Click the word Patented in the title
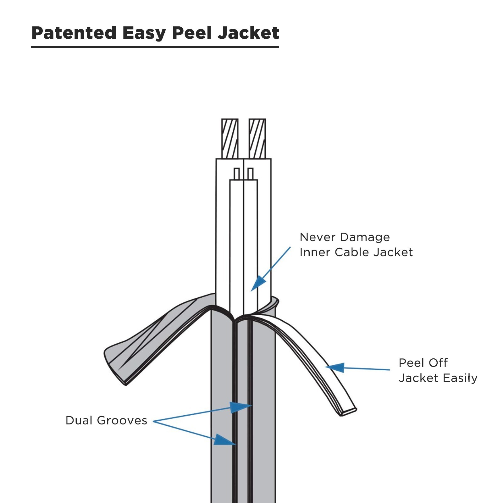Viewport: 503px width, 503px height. [x=74, y=33]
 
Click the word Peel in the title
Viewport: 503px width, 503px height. [x=191, y=33]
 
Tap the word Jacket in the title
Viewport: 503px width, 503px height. [x=248, y=33]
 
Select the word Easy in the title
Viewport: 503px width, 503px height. [x=144, y=33]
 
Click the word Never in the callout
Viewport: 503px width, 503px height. [x=317, y=237]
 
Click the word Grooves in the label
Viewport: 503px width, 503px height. [x=122, y=420]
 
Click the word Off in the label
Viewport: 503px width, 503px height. [x=438, y=363]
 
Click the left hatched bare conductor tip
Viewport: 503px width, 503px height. [x=230, y=138]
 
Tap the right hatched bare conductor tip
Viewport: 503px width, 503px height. [x=257, y=138]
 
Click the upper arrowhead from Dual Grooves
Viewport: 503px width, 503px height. [x=241, y=407]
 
